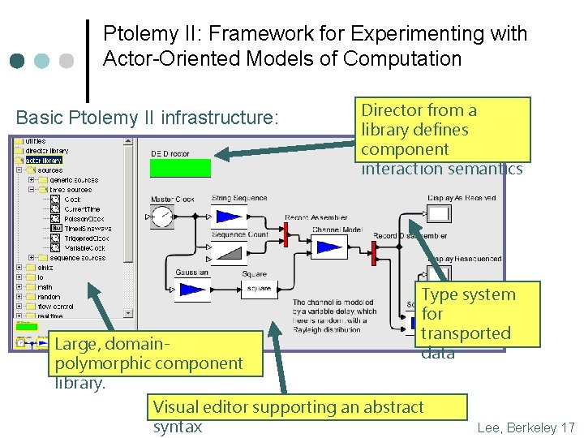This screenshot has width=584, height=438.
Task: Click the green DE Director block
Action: [180, 168]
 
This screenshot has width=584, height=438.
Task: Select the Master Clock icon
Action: [162, 216]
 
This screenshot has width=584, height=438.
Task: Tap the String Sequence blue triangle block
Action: [228, 215]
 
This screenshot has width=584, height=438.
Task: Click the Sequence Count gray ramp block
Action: [228, 252]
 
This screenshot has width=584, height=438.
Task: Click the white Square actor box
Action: [258, 289]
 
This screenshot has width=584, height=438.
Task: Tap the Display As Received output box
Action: [439, 214]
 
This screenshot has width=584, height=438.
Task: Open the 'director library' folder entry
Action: [46, 151]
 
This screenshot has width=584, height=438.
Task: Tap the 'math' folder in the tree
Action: [44, 287]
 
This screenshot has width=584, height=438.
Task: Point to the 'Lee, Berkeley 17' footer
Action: [526, 427]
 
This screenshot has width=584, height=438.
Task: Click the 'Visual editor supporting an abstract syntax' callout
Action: [308, 416]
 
